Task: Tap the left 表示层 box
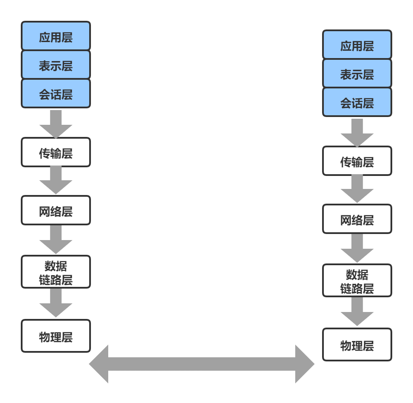pos(56,65)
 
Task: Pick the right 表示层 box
pos(357,74)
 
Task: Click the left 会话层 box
pos(56,94)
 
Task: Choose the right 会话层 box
pos(357,102)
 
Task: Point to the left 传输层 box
pos(56,152)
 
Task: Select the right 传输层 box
pos(357,161)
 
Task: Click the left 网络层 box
pos(56,210)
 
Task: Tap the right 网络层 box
pos(357,219)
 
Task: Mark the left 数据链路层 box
pos(56,272)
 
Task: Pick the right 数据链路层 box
pos(357,280)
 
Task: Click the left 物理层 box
pos(56,336)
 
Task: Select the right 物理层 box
pos(357,344)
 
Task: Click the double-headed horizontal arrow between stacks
pos(202,364)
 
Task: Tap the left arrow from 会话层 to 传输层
pos(56,123)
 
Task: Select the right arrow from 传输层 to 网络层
pos(357,189)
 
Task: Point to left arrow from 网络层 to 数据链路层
pos(56,239)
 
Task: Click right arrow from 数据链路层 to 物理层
pos(357,311)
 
